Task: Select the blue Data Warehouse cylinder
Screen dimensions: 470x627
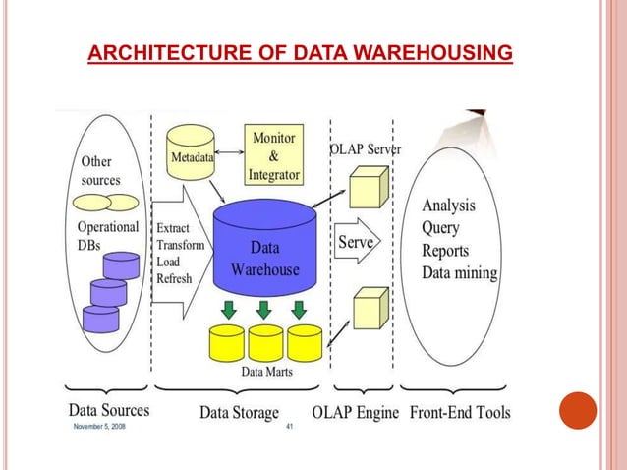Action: click(x=264, y=250)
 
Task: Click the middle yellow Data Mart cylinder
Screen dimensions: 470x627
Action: click(x=265, y=343)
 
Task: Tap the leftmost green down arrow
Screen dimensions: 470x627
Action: click(x=228, y=310)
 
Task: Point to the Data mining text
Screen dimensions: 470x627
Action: click(x=459, y=273)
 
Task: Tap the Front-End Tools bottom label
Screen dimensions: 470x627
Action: click(x=459, y=412)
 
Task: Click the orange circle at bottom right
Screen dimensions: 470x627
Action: click(x=578, y=411)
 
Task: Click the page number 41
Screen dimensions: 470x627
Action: click(x=289, y=428)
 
